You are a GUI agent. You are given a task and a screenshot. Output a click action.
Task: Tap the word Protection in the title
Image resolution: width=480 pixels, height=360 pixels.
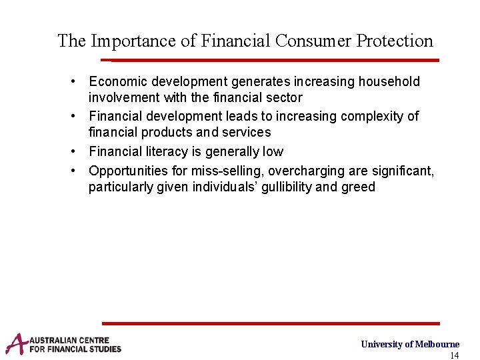coord(395,41)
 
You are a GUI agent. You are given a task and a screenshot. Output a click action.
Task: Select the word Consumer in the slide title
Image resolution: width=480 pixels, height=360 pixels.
coord(313,41)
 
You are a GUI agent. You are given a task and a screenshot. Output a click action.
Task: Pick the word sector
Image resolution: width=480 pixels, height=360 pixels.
coord(285,98)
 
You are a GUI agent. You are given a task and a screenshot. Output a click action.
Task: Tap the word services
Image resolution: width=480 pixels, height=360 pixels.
coord(246,133)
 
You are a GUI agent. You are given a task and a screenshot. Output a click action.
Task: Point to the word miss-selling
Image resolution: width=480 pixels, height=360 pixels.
coord(230,171)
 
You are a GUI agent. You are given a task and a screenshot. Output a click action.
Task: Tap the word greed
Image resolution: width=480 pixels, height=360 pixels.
coord(359,187)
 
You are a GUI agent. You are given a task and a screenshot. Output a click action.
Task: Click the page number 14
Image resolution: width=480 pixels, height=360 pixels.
coord(455,355)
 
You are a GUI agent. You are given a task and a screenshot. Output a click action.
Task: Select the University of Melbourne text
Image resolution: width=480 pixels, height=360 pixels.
coord(410,344)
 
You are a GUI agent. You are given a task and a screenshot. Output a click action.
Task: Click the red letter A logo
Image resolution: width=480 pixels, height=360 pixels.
coord(16,344)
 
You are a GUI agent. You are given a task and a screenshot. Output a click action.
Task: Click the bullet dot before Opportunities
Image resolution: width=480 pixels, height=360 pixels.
coord(78,171)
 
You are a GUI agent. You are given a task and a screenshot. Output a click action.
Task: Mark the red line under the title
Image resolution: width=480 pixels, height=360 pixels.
coord(273,60)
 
